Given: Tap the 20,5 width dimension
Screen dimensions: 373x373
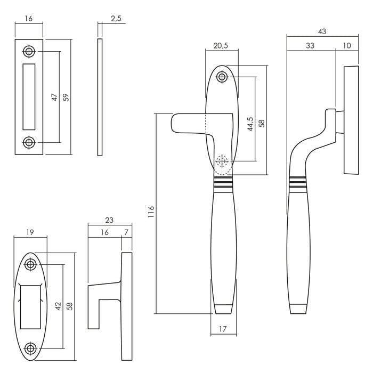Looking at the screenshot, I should click(x=221, y=46).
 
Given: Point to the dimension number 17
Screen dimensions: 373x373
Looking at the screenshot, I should click(x=223, y=330).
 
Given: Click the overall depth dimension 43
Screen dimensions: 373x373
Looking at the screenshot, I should click(x=321, y=32).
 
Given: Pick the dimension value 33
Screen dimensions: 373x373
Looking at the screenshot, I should click(x=310, y=46).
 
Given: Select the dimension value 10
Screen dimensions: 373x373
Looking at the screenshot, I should click(x=347, y=46).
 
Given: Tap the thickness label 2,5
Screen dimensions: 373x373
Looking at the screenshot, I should click(x=116, y=19).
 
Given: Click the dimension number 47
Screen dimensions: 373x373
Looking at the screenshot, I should click(x=54, y=98).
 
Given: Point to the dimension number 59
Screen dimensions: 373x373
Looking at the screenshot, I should click(x=66, y=98).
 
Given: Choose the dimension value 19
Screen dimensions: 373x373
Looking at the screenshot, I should click(x=30, y=232).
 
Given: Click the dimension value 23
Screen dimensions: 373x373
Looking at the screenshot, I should click(x=110, y=220).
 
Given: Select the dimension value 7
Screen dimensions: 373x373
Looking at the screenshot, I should click(x=126, y=232).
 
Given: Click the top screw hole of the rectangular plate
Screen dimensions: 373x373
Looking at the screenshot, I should click(x=28, y=52).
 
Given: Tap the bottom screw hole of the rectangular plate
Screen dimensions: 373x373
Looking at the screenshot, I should click(x=28, y=142).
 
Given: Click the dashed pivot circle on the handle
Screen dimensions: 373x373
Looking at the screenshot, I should click(x=222, y=161).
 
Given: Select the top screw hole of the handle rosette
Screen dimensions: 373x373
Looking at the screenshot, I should click(x=222, y=77).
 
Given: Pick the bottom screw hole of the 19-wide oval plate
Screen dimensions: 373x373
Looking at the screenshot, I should click(x=31, y=348).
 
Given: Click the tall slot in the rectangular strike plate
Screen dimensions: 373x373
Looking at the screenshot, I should click(x=28, y=97).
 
